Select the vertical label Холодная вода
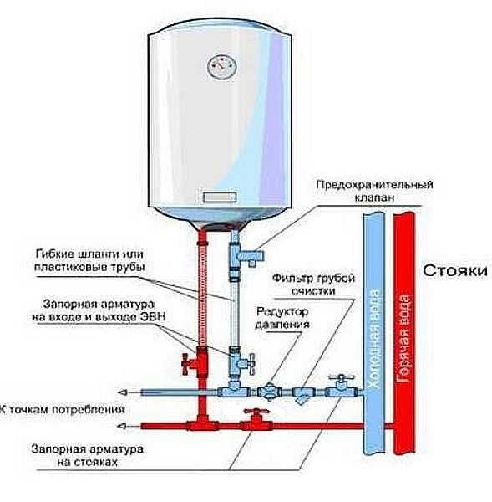pyautogui.click(x=374, y=335)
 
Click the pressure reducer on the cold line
pyautogui.click(x=270, y=390)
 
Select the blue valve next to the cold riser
pyautogui.click(x=339, y=386)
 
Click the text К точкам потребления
pyautogui.click(x=63, y=410)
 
